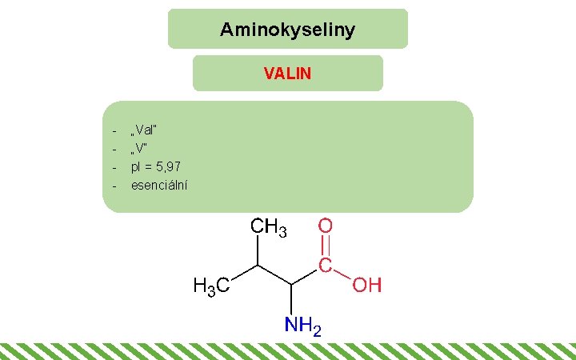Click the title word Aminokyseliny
pyautogui.click(x=287, y=30)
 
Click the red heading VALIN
pyautogui.click(x=287, y=74)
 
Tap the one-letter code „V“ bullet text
pyautogui.click(x=141, y=148)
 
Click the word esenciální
pyautogui.click(x=160, y=185)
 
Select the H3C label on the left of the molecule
pyautogui.click(x=211, y=284)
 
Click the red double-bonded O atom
pyautogui.click(x=326, y=226)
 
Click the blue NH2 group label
pyautogui.click(x=303, y=326)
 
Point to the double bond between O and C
pyautogui.click(x=326, y=246)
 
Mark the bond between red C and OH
pyautogui.click(x=344, y=276)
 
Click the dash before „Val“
pyautogui.click(x=114, y=130)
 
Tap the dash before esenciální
pyautogui.click(x=114, y=186)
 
